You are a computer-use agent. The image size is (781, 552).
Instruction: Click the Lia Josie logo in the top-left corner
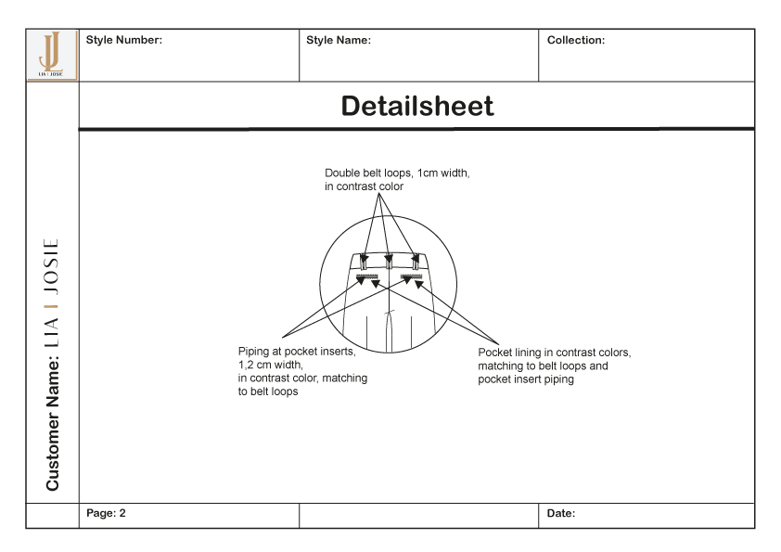click(52, 55)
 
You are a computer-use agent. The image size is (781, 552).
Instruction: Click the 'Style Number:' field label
click(123, 40)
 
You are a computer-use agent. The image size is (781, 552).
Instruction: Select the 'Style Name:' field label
click(339, 40)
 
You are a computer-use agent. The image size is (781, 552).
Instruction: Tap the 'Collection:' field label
click(575, 40)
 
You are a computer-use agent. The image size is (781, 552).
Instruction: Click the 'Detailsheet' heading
click(417, 106)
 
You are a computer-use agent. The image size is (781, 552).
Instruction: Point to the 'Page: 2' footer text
click(106, 513)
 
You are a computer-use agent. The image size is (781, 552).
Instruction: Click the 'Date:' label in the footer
click(560, 513)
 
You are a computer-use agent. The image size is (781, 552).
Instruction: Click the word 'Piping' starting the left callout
click(254, 352)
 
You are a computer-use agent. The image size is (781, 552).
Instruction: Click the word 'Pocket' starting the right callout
click(495, 353)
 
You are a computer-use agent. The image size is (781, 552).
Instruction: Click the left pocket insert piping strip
click(368, 277)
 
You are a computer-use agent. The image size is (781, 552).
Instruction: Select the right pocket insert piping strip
click(411, 277)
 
